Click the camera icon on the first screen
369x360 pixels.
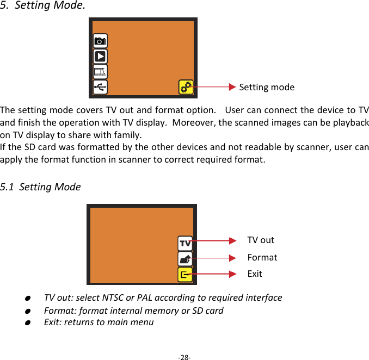click(100, 41)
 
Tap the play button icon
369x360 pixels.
click(100, 56)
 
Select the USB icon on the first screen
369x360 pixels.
click(100, 87)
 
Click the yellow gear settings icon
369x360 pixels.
click(186, 87)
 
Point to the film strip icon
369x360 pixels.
click(100, 71)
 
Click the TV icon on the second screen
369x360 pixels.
click(185, 243)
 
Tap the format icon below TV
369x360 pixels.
click(185, 259)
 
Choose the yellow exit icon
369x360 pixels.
click(185, 275)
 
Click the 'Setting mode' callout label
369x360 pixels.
click(267, 87)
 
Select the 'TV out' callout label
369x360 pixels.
click(261, 240)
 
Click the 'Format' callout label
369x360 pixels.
click(262, 257)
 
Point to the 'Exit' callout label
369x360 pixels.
click(255, 274)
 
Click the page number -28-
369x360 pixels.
click(184, 357)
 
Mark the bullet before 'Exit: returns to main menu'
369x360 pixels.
click(27, 322)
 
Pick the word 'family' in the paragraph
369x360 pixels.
click(128, 135)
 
